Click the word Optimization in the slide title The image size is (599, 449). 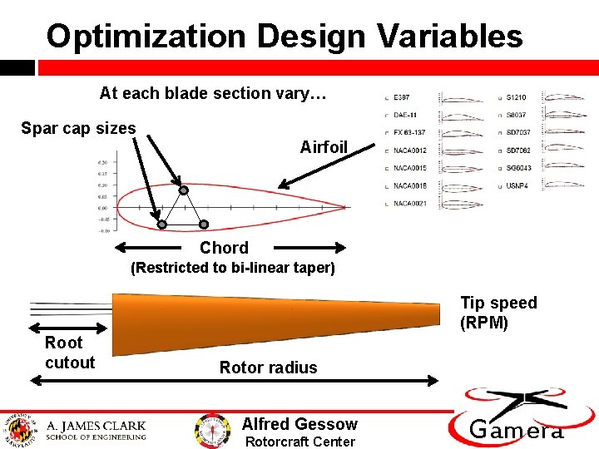pos(146,37)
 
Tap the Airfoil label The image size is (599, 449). pos(324,147)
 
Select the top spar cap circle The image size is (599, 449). pos(184,190)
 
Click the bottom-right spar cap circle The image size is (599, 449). pos(204,224)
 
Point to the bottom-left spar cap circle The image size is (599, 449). pos(162,224)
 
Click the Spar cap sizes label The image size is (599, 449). pos(77,128)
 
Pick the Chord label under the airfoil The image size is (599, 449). pos(224,248)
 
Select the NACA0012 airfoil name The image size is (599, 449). pos(409,150)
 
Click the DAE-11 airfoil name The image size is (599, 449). pos(405,115)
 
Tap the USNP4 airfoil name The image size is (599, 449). pos(517,186)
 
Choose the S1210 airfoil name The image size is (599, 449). pos(516,97)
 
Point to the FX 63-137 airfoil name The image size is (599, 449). pos(409,133)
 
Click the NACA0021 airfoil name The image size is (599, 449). pos(409,204)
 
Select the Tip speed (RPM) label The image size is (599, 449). pos(498,313)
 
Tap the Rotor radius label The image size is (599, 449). pos(268,368)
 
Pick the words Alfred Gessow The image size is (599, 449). pos(299,424)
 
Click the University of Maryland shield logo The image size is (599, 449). pos(19,427)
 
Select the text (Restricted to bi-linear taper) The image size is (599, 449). pos(232,268)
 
